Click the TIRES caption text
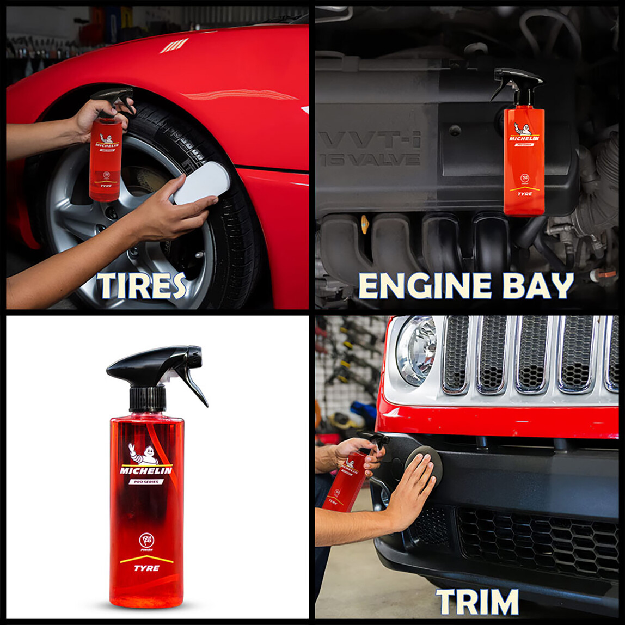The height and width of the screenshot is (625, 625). click(142, 286)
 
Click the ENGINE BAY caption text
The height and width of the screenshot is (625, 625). click(465, 286)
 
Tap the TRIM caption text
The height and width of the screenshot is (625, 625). click(477, 602)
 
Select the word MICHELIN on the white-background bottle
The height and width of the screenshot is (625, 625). click(146, 470)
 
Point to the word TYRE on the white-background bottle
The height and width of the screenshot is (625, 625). click(146, 568)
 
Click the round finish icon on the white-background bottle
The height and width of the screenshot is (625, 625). click(146, 540)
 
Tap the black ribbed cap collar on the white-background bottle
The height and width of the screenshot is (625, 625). click(148, 398)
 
